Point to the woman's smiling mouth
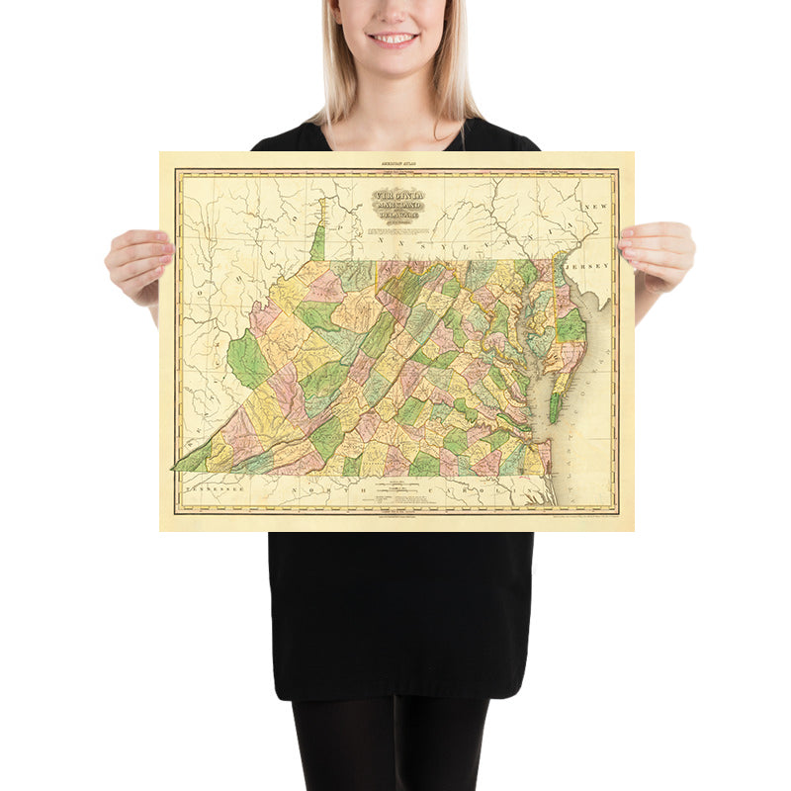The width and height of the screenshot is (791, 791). coord(394,40)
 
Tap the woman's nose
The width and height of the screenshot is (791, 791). coord(394,15)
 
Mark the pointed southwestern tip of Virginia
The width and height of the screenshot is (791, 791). coord(179,466)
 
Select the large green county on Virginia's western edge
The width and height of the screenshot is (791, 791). coord(247,361)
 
